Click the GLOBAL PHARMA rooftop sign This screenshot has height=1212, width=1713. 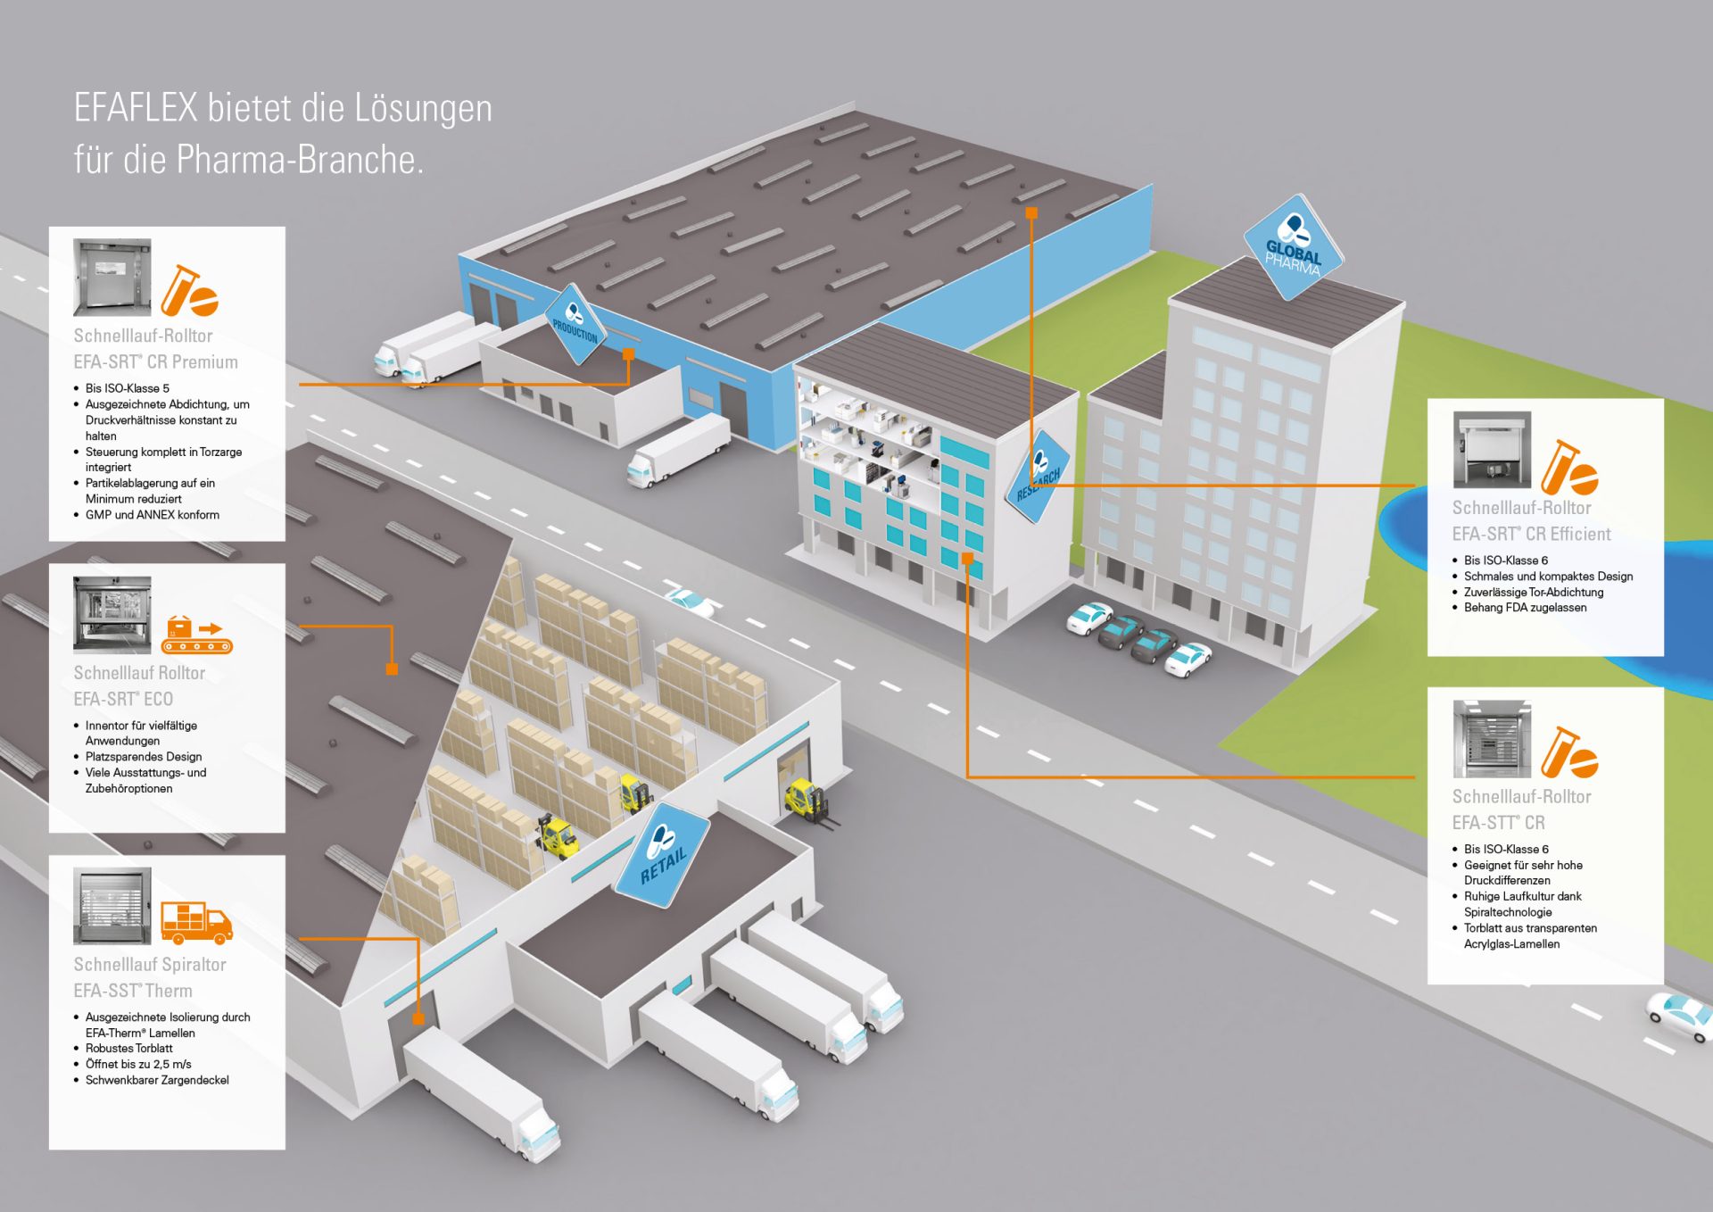(x=1293, y=249)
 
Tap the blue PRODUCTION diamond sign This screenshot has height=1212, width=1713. (x=575, y=326)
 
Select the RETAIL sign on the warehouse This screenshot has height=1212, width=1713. (x=663, y=855)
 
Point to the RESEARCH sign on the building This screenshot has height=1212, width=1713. (x=1039, y=477)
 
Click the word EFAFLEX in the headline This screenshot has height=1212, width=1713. (x=136, y=108)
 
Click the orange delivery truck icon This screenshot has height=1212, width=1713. (x=196, y=922)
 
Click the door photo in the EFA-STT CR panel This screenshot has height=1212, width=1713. (x=1491, y=739)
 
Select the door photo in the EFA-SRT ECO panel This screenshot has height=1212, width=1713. (x=112, y=614)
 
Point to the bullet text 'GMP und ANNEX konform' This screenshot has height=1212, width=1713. (x=152, y=515)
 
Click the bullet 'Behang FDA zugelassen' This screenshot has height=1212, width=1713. (x=1525, y=608)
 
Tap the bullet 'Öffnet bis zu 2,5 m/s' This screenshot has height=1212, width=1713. (x=138, y=1064)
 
